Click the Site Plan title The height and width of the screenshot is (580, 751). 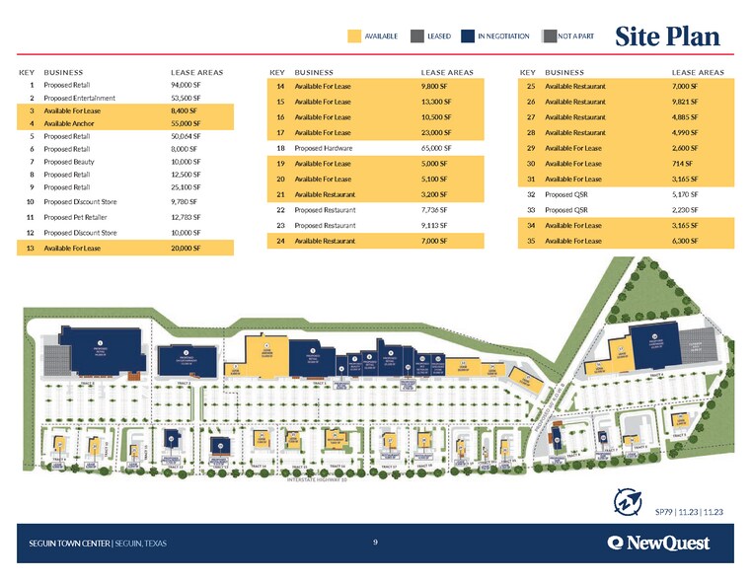tap(667, 36)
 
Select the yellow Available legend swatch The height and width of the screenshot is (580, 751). tap(354, 36)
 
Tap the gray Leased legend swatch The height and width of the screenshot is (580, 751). tap(416, 36)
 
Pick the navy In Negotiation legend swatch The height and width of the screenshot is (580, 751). tap(468, 36)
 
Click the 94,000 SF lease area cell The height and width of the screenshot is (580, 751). tap(187, 86)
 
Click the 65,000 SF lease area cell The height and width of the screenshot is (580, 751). tap(436, 148)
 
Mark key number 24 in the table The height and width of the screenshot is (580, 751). tap(281, 242)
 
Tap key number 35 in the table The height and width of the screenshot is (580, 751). tap(531, 241)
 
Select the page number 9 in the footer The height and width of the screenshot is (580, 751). tap(376, 542)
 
